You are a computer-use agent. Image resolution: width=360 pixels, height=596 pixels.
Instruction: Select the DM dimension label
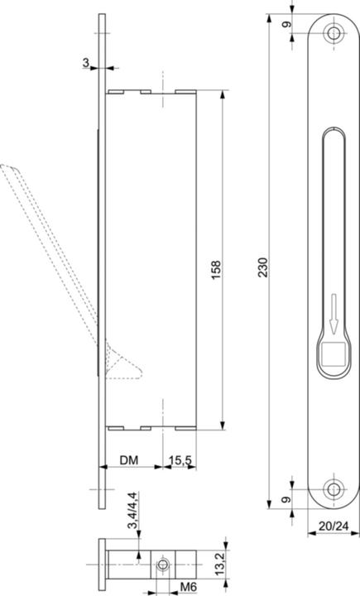point(128,458)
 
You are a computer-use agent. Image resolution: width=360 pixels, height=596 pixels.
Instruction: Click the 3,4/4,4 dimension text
point(131,513)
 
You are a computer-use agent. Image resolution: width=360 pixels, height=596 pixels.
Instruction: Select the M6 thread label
point(189,587)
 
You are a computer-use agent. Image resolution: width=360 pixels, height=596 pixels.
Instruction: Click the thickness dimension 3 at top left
point(85,62)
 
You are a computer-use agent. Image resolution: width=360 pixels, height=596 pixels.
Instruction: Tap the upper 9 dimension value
point(287,25)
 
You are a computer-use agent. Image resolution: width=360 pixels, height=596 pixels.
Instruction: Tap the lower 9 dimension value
point(287,498)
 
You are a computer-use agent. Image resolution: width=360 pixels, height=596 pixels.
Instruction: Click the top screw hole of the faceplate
point(333,34)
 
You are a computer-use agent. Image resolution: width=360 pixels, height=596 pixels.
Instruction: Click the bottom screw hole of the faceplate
point(333,488)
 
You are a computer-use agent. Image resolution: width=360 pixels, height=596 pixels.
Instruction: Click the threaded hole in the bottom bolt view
point(164,565)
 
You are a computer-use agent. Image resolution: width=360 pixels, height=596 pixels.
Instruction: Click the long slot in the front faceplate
point(333,215)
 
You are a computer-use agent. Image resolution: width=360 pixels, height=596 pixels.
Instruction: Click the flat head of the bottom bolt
point(103,565)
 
